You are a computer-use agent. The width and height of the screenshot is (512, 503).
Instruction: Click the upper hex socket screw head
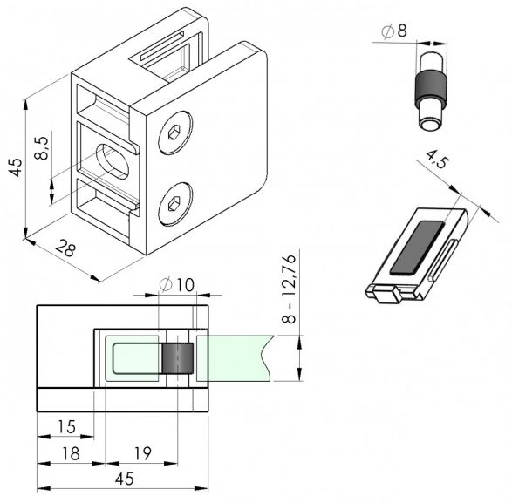pyautogui.click(x=175, y=133)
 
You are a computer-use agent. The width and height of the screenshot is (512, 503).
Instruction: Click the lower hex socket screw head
pyautogui.click(x=175, y=204)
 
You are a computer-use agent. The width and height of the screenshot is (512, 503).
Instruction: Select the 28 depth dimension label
pyautogui.click(x=65, y=248)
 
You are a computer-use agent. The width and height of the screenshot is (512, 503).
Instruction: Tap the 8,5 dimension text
pyautogui.click(x=42, y=148)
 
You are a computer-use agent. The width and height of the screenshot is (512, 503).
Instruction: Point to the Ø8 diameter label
pyautogui.click(x=394, y=31)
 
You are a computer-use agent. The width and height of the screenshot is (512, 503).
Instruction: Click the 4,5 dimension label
pyautogui.click(x=437, y=159)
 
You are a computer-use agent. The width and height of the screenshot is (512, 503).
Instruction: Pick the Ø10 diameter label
pyautogui.click(x=177, y=285)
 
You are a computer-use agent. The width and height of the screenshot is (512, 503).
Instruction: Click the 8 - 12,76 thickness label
pyautogui.click(x=289, y=289)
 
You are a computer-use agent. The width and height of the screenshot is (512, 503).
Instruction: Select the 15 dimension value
pyautogui.click(x=66, y=426)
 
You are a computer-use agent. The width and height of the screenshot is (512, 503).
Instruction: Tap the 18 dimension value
pyautogui.click(x=71, y=453)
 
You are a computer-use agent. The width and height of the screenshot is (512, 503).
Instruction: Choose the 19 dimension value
pyautogui.click(x=143, y=453)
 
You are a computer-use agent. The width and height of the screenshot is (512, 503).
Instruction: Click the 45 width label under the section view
pyautogui.click(x=125, y=479)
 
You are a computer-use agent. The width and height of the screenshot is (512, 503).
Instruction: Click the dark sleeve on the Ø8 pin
pyautogui.click(x=430, y=87)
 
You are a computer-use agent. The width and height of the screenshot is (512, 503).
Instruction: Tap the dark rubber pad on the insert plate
pyautogui.click(x=417, y=247)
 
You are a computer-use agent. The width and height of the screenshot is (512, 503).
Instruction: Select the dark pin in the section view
pyautogui.click(x=178, y=358)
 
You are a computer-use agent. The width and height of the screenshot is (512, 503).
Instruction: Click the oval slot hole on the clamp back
pyautogui.click(x=112, y=161)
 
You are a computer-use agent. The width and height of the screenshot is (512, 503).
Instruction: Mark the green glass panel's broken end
pyautogui.click(x=268, y=358)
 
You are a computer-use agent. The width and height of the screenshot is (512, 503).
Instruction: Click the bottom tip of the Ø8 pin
pyautogui.click(x=429, y=129)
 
